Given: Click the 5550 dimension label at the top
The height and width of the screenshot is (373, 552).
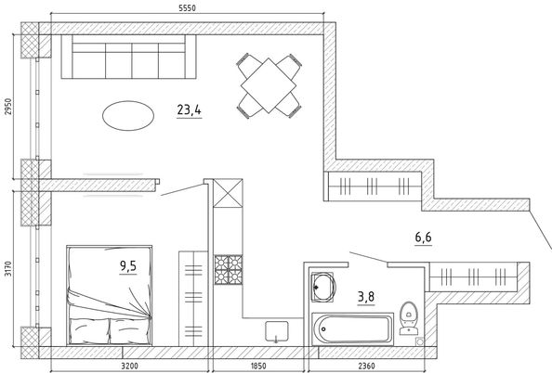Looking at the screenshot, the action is click(187, 7).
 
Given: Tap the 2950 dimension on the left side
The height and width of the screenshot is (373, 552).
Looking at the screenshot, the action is click(7, 106).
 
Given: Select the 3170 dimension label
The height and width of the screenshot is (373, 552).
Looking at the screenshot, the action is click(7, 268).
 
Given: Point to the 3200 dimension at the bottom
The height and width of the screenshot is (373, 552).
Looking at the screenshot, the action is click(129, 366).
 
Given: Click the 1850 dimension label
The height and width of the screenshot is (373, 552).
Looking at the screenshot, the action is click(258, 366).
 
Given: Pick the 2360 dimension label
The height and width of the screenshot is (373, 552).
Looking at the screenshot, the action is click(366, 366).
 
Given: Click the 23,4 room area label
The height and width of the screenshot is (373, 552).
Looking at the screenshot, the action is click(189, 110).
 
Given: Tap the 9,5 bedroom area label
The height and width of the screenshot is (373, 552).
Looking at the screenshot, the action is click(128, 266).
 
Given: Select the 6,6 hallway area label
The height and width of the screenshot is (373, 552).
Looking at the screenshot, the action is click(423, 238).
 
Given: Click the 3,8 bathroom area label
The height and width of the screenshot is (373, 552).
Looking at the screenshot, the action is click(366, 297).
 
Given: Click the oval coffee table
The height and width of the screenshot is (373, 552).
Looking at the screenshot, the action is click(128, 116).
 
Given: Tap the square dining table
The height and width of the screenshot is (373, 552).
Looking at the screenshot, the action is click(269, 85).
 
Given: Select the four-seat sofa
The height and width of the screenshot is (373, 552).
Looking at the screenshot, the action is click(128, 57).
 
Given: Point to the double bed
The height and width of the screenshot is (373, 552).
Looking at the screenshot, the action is click(110, 295).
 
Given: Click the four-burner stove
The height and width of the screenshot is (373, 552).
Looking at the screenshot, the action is click(229, 270).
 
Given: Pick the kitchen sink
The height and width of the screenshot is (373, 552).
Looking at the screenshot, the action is click(277, 331).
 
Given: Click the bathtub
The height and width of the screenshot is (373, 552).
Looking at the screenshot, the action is click(353, 329).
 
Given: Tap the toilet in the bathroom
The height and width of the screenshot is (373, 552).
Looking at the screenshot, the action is click(409, 318).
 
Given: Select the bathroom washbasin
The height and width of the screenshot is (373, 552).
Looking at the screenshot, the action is click(323, 287).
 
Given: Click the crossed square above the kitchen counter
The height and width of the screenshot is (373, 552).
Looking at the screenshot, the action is click(228, 193).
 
